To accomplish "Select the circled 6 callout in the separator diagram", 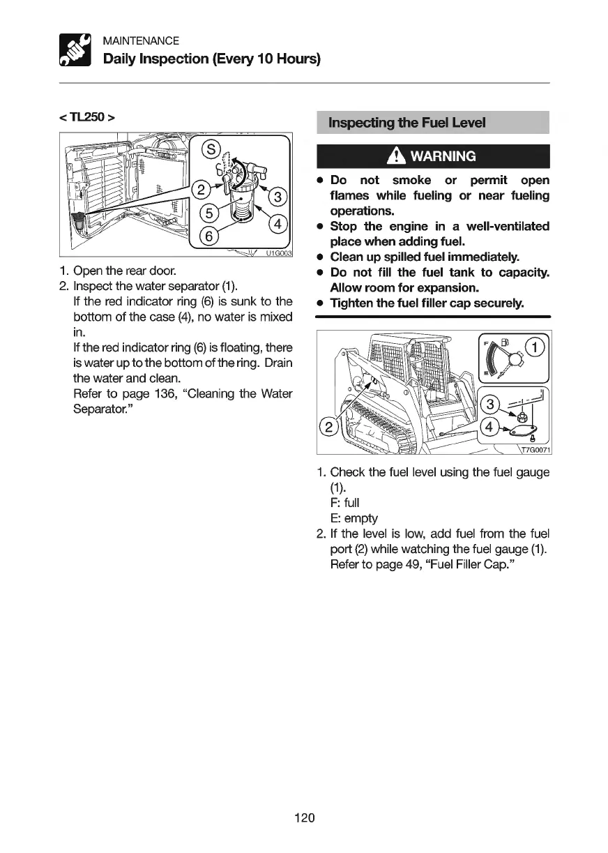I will coord(207,236).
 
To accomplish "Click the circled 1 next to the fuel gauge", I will coord(535,348).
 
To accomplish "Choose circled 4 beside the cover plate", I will coord(491,425).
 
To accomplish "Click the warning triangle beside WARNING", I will coord(400,156).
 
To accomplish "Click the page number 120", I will coord(304,817).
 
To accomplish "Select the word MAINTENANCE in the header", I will coord(141,41).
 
